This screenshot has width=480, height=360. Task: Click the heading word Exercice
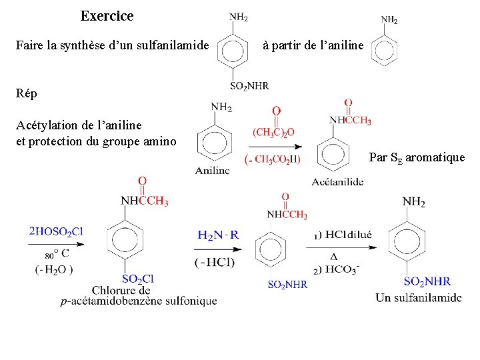(x=107, y=16)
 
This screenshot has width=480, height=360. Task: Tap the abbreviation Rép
(x=27, y=94)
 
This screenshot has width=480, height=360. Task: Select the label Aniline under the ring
(x=212, y=171)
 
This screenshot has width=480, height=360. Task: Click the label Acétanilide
(x=337, y=181)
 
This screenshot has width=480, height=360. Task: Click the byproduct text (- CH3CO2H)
(x=273, y=159)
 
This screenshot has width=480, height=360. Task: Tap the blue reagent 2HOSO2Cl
(x=56, y=232)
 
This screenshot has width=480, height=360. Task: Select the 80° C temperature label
(x=57, y=253)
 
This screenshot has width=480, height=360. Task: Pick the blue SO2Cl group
(x=138, y=279)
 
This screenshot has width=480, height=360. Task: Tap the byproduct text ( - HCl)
(x=215, y=262)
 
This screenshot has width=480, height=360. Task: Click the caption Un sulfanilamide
(x=418, y=297)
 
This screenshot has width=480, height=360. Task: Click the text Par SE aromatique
(x=417, y=158)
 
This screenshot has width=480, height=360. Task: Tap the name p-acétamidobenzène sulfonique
(x=138, y=301)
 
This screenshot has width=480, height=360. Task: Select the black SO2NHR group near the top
(x=249, y=85)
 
